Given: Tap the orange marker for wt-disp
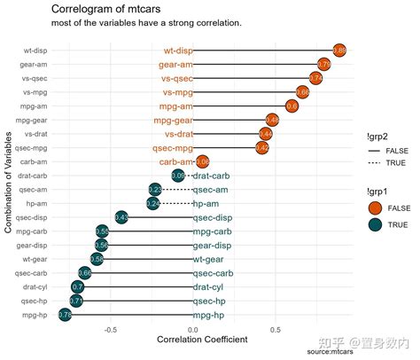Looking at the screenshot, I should [x=338, y=51].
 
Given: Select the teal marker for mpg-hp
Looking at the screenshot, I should [x=65, y=315].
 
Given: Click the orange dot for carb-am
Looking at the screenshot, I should [x=202, y=161].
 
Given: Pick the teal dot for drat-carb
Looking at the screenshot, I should [x=178, y=176].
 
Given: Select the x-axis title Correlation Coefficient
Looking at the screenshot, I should [x=202, y=340].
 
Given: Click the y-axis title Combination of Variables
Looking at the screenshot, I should [x=9, y=183].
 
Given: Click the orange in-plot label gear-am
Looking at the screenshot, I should [x=175, y=65].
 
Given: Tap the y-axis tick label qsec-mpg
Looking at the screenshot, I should [x=31, y=148].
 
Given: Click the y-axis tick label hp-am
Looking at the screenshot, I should [x=35, y=203].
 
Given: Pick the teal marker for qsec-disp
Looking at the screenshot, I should [x=122, y=217].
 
